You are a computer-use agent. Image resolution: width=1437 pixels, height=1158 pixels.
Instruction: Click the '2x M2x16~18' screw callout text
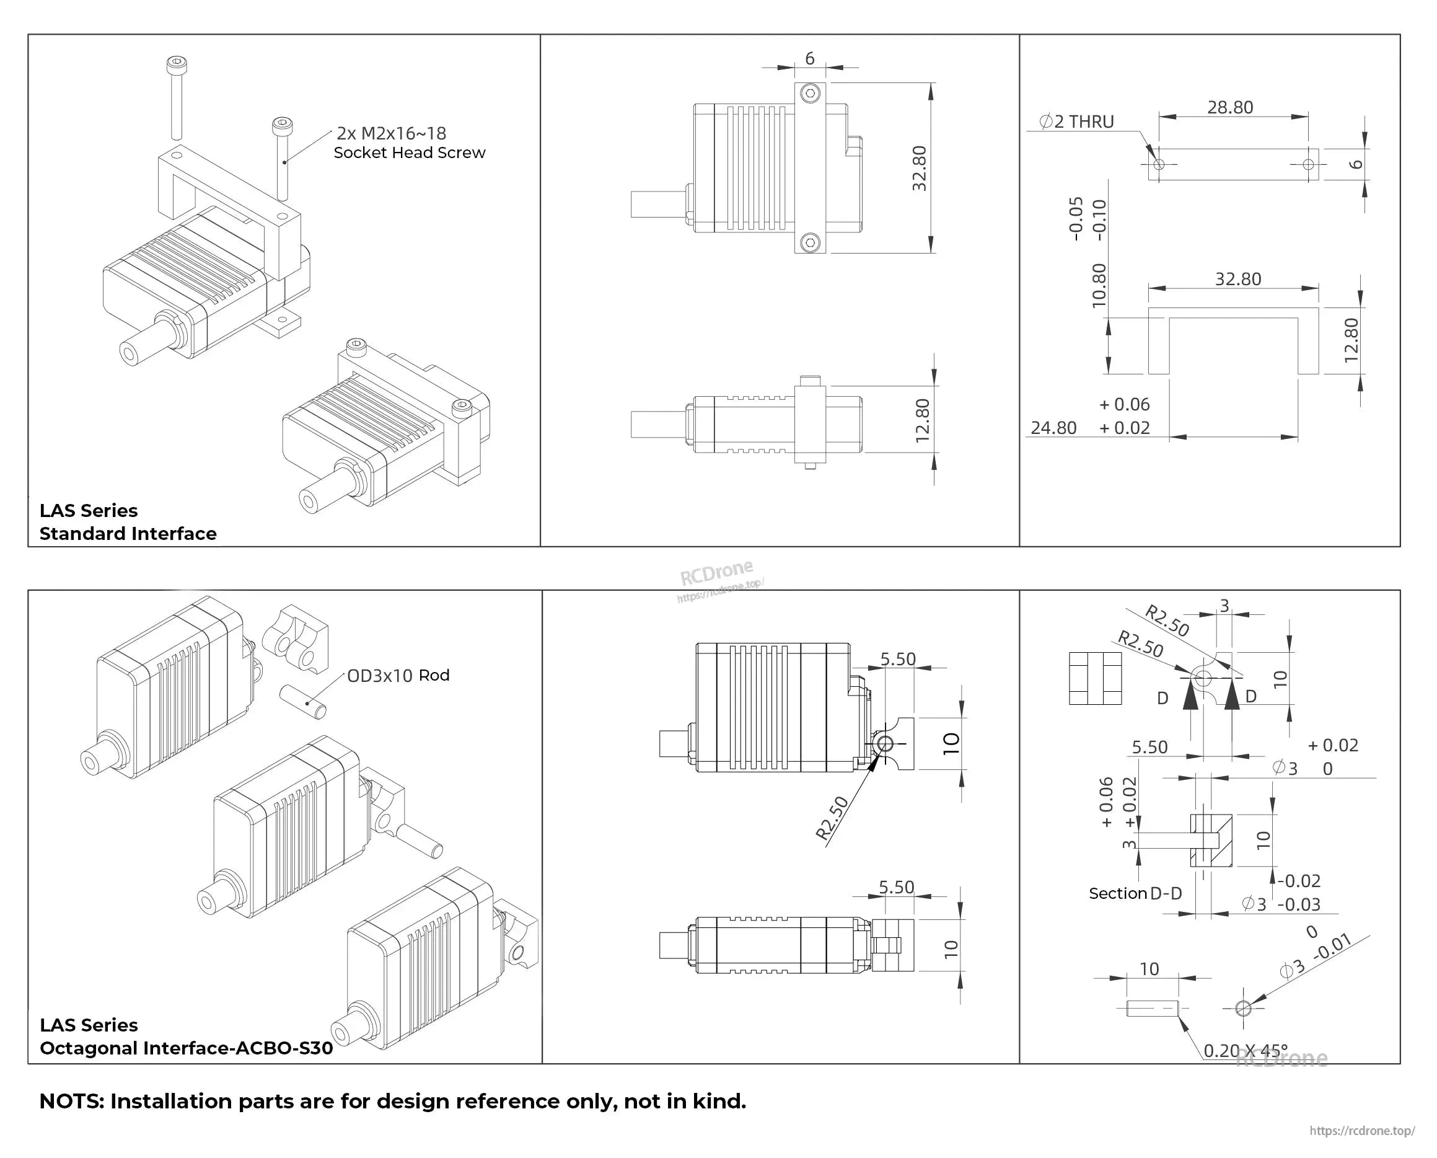(391, 133)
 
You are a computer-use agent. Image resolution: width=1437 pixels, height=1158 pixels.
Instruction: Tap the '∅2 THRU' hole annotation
(1076, 122)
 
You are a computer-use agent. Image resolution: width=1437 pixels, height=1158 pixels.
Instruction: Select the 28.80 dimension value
(1229, 107)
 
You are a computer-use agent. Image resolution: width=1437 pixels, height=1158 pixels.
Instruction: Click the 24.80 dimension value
(1053, 428)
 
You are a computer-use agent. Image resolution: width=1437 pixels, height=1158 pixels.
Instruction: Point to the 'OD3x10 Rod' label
(398, 676)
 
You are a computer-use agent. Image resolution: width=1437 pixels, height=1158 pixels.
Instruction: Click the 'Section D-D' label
(1135, 893)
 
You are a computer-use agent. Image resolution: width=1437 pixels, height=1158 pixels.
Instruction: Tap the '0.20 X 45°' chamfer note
(1245, 1051)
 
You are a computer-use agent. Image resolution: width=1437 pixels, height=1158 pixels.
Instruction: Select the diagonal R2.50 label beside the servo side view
(832, 817)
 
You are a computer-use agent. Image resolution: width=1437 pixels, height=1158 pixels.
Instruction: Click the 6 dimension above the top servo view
(809, 59)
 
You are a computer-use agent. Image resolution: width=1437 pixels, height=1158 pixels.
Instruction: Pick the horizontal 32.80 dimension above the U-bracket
(1237, 279)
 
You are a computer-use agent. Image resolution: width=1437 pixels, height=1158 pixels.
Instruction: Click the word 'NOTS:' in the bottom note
(72, 1102)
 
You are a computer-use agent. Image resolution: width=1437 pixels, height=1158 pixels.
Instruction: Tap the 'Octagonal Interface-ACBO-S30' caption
(186, 1048)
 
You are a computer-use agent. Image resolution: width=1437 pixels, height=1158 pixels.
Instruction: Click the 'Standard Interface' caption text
(128, 534)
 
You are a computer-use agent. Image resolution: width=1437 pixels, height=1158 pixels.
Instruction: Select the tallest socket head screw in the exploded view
(177, 97)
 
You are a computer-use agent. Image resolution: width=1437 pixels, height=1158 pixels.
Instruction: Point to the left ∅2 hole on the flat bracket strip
(1158, 164)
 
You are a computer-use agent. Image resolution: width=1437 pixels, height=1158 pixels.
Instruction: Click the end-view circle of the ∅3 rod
(1243, 1009)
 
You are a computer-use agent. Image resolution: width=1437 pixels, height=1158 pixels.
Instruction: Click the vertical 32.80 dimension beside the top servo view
(920, 168)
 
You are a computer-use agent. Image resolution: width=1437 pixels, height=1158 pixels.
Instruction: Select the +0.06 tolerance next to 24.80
(1124, 404)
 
